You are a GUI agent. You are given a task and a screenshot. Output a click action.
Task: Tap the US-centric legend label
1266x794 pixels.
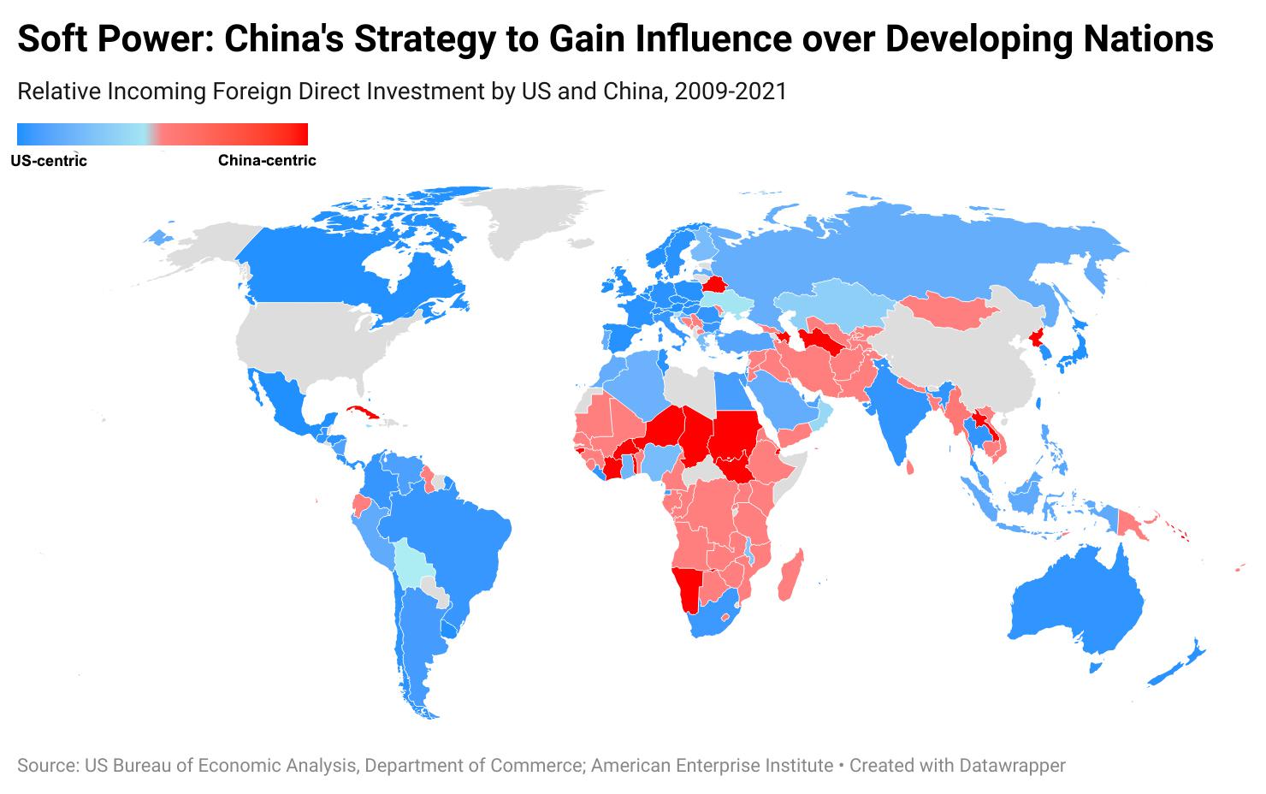(x=49, y=161)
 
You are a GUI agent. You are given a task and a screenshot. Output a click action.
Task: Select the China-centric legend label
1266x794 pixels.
(x=267, y=161)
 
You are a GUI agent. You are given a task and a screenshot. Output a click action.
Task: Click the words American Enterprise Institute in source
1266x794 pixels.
(x=712, y=765)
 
